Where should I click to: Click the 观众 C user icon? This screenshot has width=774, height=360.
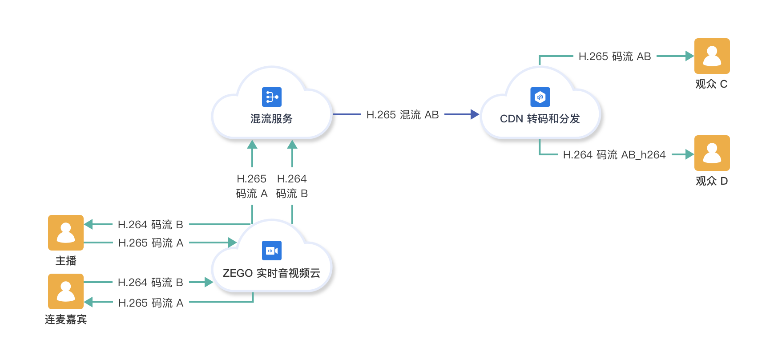(712, 56)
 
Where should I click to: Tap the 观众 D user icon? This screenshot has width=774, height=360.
(712, 153)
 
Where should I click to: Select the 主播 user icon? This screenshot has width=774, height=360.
(66, 233)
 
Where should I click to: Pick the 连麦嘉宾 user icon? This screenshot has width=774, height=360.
(66, 291)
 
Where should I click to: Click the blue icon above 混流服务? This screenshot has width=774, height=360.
(272, 97)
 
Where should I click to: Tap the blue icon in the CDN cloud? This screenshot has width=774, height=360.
(540, 97)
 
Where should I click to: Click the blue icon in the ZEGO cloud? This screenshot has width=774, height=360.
(272, 251)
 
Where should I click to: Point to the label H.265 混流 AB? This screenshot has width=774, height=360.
(403, 115)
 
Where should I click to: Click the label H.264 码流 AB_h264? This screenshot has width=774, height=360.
(614, 155)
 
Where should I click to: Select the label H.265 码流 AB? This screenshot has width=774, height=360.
(615, 57)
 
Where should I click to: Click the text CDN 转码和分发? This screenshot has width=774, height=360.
(540, 119)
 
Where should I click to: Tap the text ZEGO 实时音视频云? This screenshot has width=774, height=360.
(271, 273)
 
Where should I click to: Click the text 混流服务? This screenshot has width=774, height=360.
(271, 119)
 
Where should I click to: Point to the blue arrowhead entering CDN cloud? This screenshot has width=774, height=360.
(475, 114)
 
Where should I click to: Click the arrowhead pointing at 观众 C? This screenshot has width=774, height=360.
(689, 56)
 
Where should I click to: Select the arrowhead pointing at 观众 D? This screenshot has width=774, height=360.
(689, 154)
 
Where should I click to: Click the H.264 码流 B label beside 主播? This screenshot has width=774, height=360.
(150, 225)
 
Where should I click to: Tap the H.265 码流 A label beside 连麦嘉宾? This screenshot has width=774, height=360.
(150, 303)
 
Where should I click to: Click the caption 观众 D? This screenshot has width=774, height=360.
(712, 181)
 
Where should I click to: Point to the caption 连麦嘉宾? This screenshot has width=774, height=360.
(66, 320)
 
